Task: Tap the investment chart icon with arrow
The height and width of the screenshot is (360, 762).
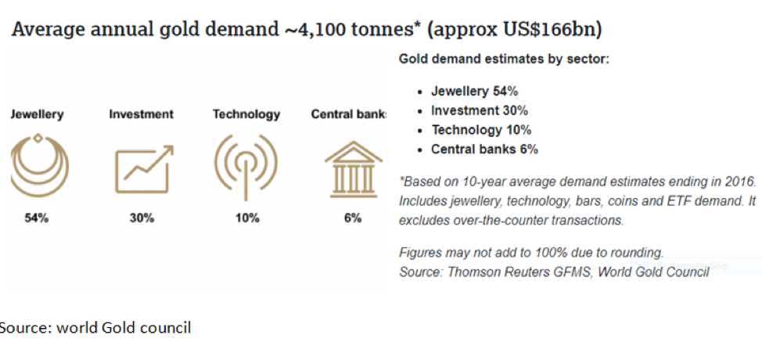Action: [144, 170]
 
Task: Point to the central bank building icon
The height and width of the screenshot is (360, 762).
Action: [354, 169]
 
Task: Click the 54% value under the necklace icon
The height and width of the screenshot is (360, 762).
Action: [37, 218]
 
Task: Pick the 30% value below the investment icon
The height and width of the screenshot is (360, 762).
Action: [142, 218]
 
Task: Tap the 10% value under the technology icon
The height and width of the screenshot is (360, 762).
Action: [247, 218]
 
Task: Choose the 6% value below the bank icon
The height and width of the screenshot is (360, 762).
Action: [353, 218]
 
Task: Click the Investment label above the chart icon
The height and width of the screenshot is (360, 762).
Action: [141, 115]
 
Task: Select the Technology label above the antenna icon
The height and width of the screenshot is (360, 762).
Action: [246, 115]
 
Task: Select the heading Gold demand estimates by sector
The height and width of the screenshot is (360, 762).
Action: [504, 59]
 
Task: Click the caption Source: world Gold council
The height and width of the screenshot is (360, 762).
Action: [95, 328]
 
